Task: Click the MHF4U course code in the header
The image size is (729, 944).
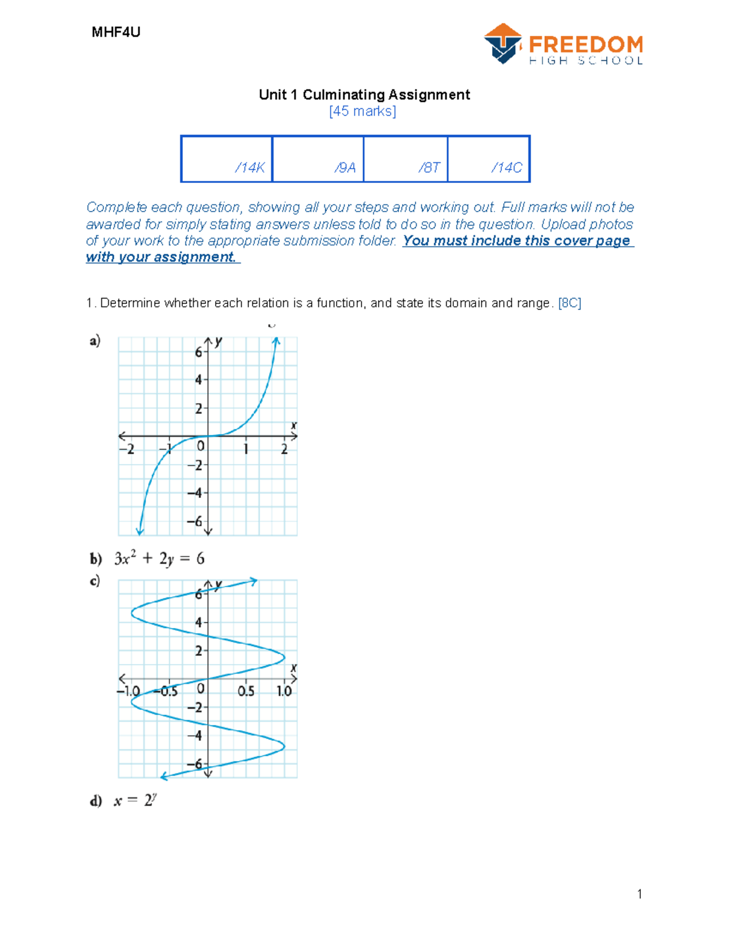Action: pyautogui.click(x=115, y=32)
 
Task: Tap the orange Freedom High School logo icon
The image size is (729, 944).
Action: pyautogui.click(x=503, y=44)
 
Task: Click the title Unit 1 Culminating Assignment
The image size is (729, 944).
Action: pyautogui.click(x=364, y=95)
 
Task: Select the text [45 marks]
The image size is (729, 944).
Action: pyautogui.click(x=363, y=111)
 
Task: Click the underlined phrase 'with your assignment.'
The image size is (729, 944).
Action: pyautogui.click(x=162, y=257)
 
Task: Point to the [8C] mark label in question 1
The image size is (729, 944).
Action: pyautogui.click(x=569, y=303)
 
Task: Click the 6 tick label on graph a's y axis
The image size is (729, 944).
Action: pyautogui.click(x=198, y=353)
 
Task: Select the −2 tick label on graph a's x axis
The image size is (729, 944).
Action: pyautogui.click(x=126, y=450)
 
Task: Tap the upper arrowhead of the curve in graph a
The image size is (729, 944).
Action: pyautogui.click(x=276, y=342)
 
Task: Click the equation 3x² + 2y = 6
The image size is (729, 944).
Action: pyautogui.click(x=159, y=559)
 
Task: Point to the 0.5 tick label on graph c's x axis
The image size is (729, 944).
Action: pyautogui.click(x=246, y=692)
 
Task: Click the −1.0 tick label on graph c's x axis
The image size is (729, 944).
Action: pyautogui.click(x=128, y=692)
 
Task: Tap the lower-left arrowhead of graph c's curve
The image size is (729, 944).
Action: pyautogui.click(x=164, y=776)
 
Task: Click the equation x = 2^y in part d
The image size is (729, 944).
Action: pyautogui.click(x=135, y=801)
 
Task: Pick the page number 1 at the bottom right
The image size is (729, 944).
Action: pyautogui.click(x=639, y=894)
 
